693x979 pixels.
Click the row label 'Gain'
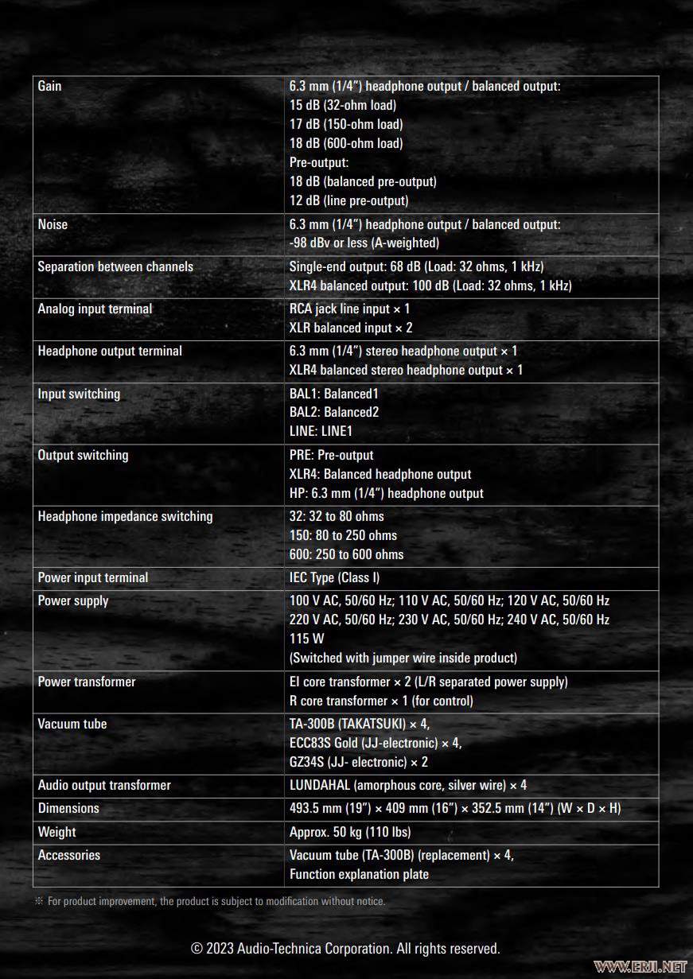coord(49,86)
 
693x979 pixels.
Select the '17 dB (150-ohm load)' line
coord(346,124)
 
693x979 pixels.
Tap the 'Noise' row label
coord(53,224)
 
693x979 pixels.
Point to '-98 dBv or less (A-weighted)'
coord(364,243)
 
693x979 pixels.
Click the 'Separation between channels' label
coord(115,266)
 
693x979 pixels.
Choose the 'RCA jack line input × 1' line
coord(349,309)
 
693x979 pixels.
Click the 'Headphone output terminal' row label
coord(110,351)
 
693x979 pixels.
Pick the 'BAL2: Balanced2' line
coord(334,412)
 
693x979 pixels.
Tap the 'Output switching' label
coord(83,455)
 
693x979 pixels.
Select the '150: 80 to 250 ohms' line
coord(343,535)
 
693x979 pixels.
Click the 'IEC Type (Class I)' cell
coord(334,577)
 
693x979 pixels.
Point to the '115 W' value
coord(307,639)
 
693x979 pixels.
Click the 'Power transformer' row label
coord(87,682)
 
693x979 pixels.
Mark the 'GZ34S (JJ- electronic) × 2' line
coord(359,762)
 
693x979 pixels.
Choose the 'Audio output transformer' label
coord(104,785)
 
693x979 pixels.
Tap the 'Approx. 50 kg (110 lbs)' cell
coord(350,832)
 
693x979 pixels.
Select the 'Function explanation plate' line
coord(359,874)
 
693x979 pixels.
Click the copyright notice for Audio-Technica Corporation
coord(345,949)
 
